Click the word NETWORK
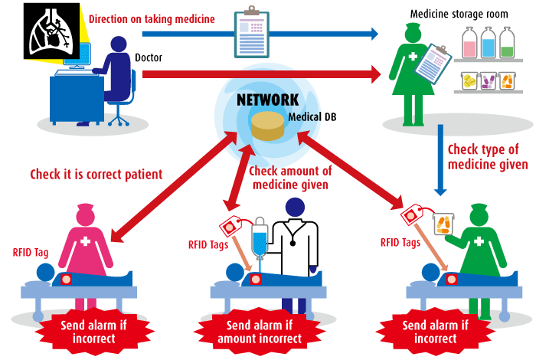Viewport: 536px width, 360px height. pos(268,100)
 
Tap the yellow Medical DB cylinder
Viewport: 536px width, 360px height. pos(268,126)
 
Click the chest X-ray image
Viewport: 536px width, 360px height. pos(51,31)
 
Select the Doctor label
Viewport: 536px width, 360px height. pos(149,57)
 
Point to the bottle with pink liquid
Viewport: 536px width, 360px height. pos(469,43)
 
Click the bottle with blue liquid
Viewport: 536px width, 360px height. pos(488,43)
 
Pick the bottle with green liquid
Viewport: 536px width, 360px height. pos(507,43)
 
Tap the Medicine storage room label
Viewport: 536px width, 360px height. pos(459,14)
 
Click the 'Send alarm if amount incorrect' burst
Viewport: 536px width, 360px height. pos(260,332)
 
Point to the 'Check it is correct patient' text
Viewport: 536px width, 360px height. pos(96,175)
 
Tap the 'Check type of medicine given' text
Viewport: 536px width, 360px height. pos(488,157)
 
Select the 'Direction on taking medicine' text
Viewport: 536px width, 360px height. pos(152,19)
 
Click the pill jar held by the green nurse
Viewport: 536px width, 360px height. pos(443,224)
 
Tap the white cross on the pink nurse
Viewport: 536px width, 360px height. pos(85,241)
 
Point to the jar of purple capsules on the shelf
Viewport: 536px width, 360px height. pos(488,81)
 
